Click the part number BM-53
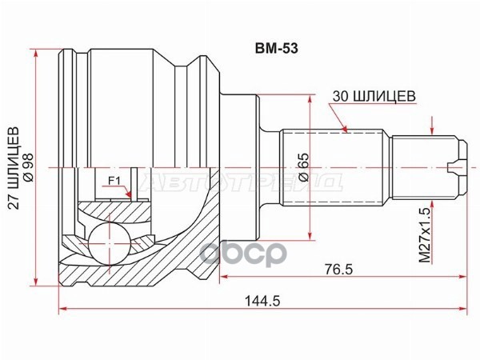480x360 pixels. [x=277, y=49]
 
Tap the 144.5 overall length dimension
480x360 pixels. [x=262, y=302]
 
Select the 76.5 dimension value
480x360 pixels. [x=339, y=270]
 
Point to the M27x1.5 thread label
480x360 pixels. [x=425, y=234]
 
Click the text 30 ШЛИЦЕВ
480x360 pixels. [x=374, y=96]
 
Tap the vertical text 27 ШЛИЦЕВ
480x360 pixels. [x=14, y=168]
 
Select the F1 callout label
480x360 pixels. [x=114, y=182]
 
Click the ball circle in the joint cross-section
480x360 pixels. [x=109, y=242]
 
